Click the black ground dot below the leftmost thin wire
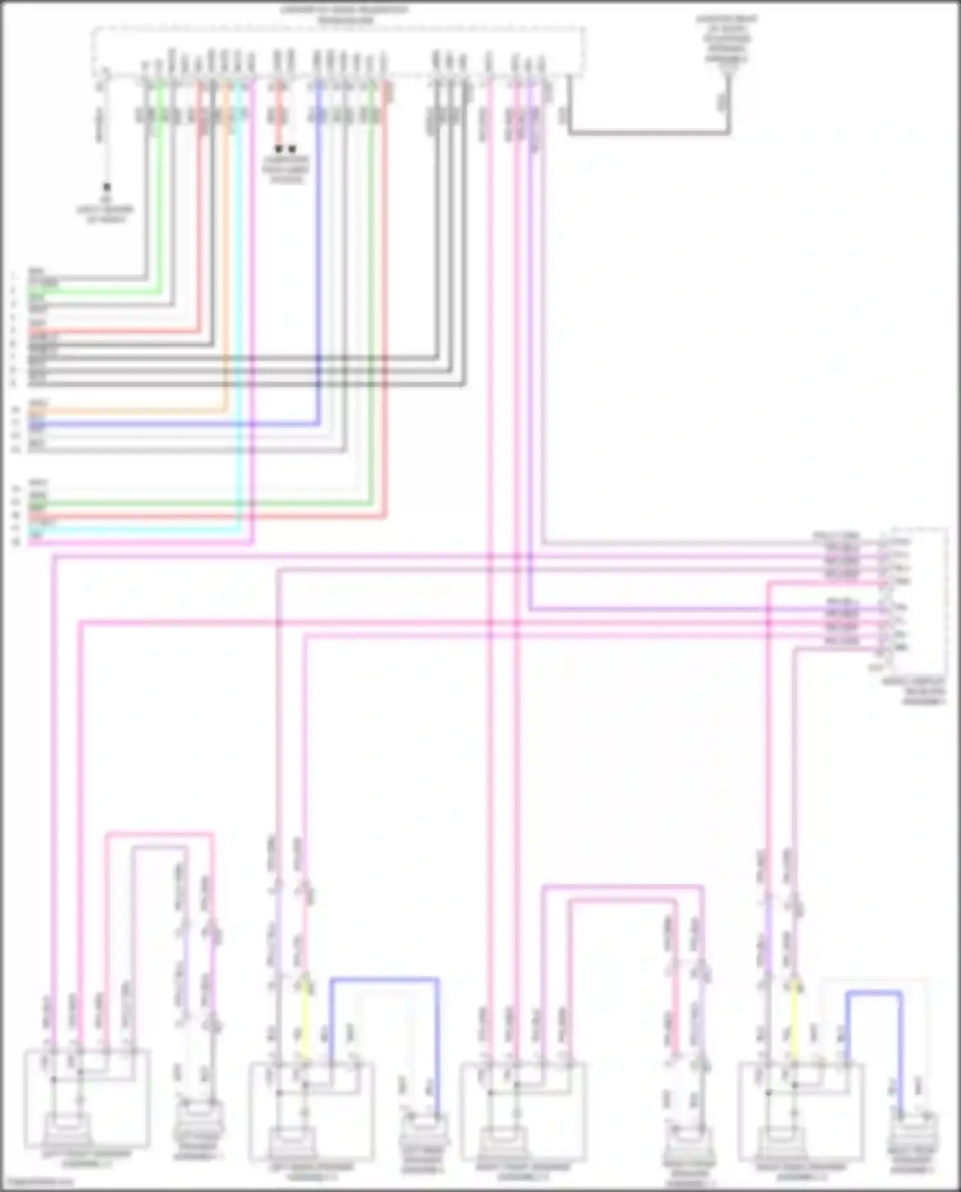pos(107,187)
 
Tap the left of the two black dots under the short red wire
pos(279,149)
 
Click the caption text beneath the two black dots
pos(286,169)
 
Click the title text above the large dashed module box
pos(345,15)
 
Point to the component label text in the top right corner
pos(727,38)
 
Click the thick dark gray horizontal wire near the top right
pos(647,133)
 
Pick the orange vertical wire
pos(226,256)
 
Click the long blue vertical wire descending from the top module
pos(318,256)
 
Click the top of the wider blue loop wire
pos(384,979)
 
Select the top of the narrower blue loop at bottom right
pos(874,993)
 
